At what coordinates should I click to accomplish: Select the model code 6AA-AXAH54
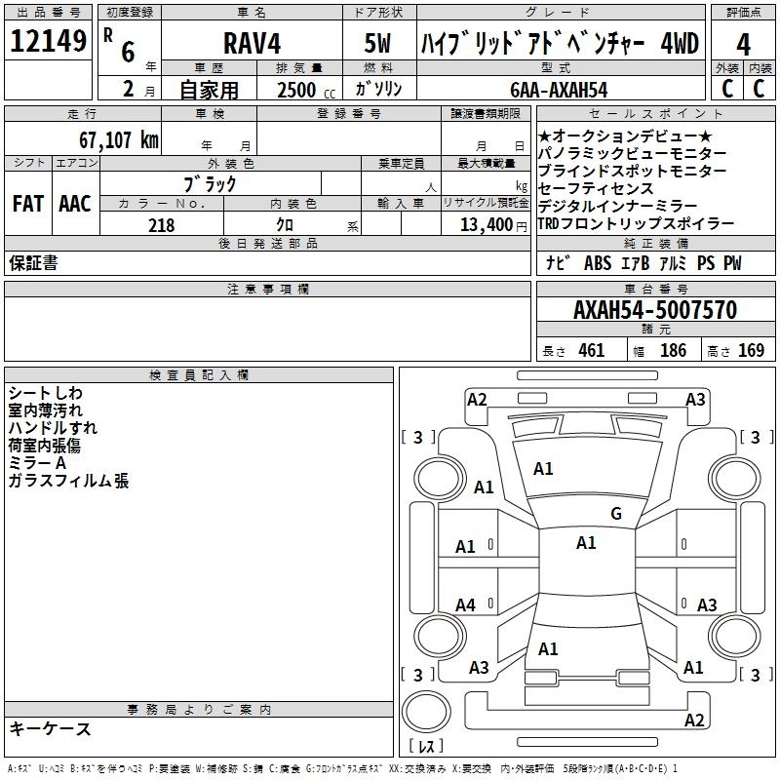560,90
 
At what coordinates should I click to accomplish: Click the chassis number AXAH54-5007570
654,311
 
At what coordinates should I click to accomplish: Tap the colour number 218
161,225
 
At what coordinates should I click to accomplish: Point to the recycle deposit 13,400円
487,225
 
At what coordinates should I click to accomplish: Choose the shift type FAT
27,204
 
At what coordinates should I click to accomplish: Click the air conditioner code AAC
75,204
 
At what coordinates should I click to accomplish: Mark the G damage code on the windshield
616,514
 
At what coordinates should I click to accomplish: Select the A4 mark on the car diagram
466,605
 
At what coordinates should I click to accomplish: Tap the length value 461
591,351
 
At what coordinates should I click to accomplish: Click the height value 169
751,351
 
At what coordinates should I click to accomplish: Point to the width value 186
673,351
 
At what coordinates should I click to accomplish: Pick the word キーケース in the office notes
51,729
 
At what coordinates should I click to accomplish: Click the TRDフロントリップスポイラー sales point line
636,224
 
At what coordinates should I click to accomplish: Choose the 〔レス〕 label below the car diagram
426,747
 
